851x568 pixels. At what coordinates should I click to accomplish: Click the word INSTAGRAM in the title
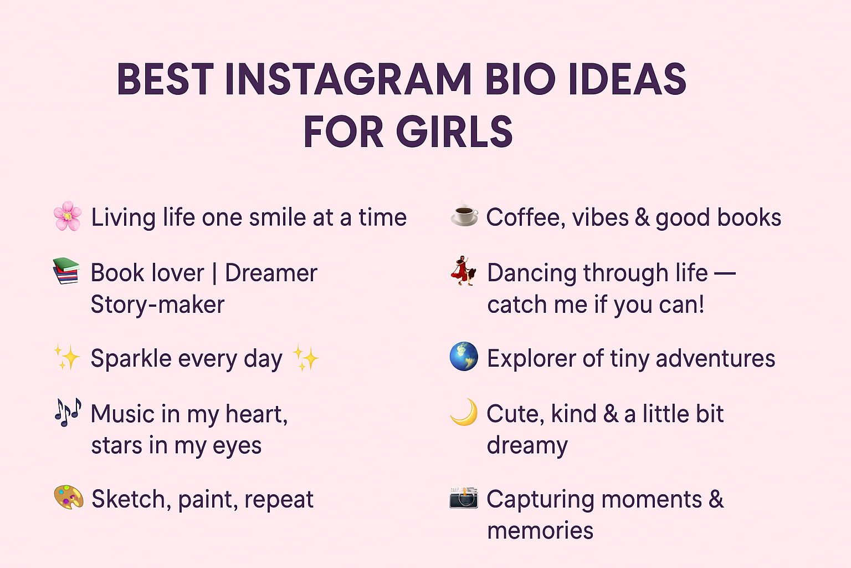click(x=348, y=79)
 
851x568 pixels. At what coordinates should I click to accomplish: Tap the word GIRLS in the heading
click(x=454, y=132)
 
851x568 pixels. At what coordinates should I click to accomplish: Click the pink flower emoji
click(x=68, y=216)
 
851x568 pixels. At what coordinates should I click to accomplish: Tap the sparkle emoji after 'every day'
click(x=305, y=358)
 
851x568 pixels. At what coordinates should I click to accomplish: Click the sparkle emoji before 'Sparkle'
click(x=66, y=357)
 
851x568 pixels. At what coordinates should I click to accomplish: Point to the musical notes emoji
click(x=68, y=412)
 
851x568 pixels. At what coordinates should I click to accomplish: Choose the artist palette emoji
click(x=68, y=497)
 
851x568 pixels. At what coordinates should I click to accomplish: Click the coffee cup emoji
click(x=464, y=216)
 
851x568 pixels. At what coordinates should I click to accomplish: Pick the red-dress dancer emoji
click(x=463, y=271)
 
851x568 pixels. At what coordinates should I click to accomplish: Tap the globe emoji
click(x=464, y=357)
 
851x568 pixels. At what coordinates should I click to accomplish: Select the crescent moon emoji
click(x=464, y=412)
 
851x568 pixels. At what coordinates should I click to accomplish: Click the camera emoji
click(x=463, y=497)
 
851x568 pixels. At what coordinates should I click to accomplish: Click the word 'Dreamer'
click(x=271, y=273)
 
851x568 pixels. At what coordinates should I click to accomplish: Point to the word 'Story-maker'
click(x=157, y=305)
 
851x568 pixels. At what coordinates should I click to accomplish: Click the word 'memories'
click(x=540, y=531)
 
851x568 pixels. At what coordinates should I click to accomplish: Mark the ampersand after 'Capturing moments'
click(x=716, y=499)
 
